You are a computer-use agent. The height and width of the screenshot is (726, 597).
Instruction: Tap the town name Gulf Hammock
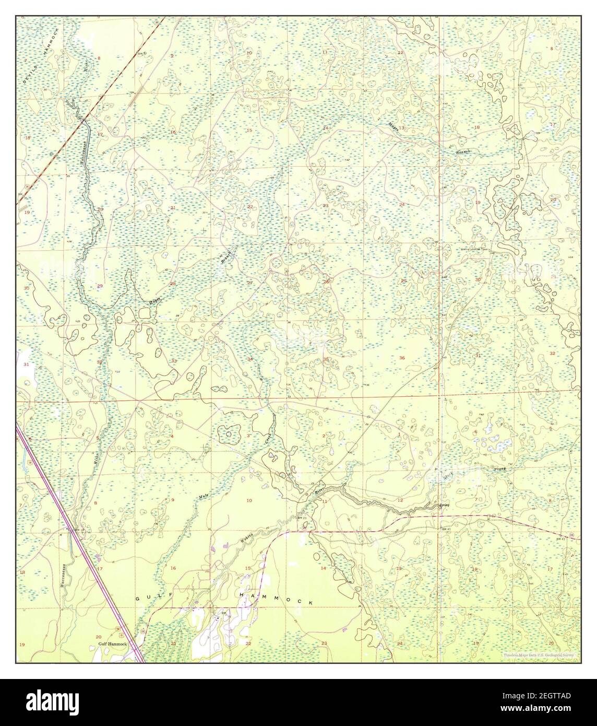(113, 645)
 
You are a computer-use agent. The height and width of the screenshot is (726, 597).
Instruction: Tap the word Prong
(500, 469)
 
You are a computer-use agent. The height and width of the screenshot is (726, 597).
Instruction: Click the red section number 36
(402, 358)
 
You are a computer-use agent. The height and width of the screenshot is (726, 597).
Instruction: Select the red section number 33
(174, 361)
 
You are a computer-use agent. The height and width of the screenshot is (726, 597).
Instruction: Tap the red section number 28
(173, 284)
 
